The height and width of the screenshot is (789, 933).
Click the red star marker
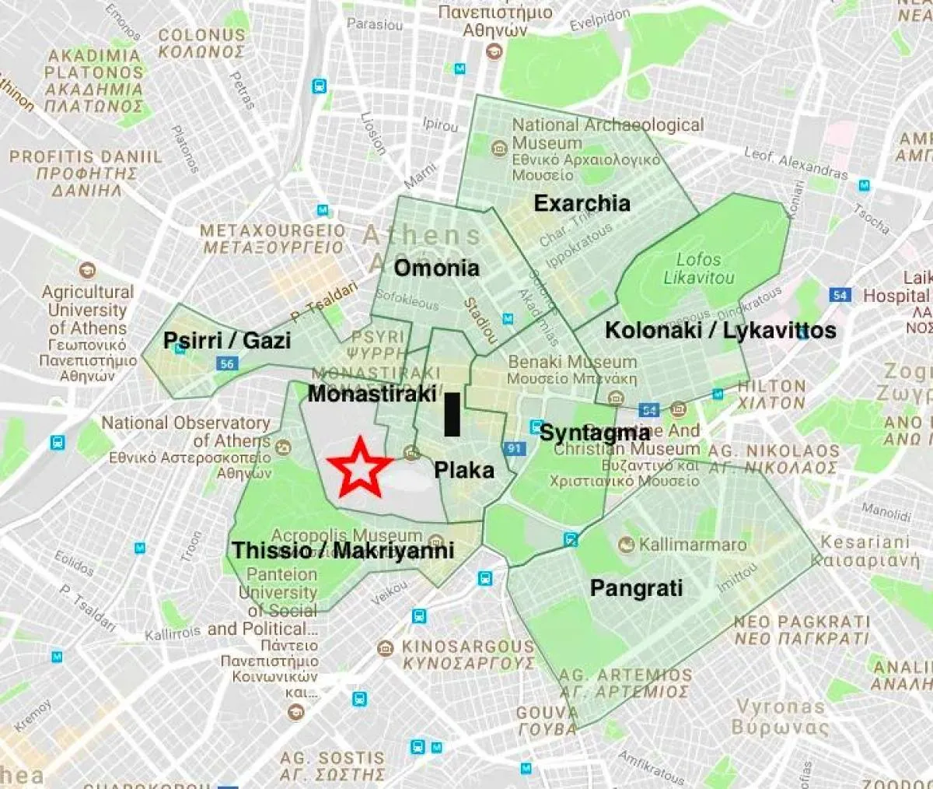click(359, 468)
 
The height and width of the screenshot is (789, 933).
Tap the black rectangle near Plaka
click(452, 414)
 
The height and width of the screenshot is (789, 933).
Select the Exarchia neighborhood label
click(582, 204)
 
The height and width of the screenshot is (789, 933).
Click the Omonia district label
click(436, 268)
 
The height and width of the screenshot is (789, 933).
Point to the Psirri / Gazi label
click(227, 341)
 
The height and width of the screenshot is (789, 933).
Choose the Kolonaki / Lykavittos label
click(720, 331)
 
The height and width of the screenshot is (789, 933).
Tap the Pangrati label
click(636, 588)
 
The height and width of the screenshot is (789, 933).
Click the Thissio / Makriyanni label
click(343, 551)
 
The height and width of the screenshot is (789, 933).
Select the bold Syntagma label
click(594, 433)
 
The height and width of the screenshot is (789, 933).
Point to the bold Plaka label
click(463, 470)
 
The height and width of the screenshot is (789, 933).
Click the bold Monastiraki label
click(372, 394)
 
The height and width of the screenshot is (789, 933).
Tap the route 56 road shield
click(227, 363)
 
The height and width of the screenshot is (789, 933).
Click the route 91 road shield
click(515, 448)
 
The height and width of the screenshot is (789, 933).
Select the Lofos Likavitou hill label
click(698, 268)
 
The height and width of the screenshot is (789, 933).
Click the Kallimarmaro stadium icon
click(627, 545)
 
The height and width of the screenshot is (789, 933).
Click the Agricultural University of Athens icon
click(88, 271)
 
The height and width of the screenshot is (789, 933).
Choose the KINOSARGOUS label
click(468, 647)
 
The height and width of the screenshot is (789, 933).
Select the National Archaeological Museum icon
click(498, 147)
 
